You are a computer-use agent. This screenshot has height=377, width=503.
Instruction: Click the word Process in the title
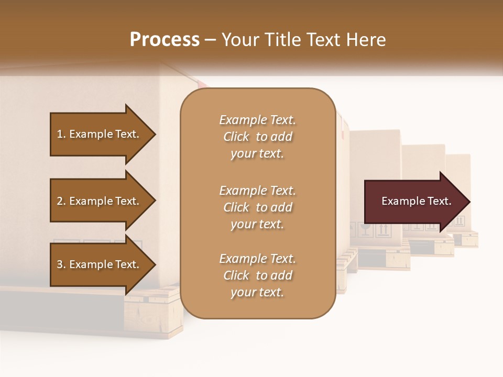point(165,40)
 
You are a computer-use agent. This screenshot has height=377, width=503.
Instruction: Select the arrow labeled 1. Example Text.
point(100,134)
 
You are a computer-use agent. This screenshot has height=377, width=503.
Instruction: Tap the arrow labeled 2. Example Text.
point(100,201)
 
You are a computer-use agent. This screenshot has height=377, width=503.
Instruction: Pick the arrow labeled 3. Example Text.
point(100,264)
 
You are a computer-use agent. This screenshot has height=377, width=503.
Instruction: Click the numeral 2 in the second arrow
point(60,201)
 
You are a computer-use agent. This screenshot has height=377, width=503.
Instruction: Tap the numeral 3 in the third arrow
point(60,264)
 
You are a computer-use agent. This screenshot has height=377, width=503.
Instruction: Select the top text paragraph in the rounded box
point(257,137)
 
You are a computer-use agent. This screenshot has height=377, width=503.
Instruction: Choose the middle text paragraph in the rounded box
point(257,207)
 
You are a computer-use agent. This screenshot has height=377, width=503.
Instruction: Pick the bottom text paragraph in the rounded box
point(257,275)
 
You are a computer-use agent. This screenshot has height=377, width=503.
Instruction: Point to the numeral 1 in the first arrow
point(60,134)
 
